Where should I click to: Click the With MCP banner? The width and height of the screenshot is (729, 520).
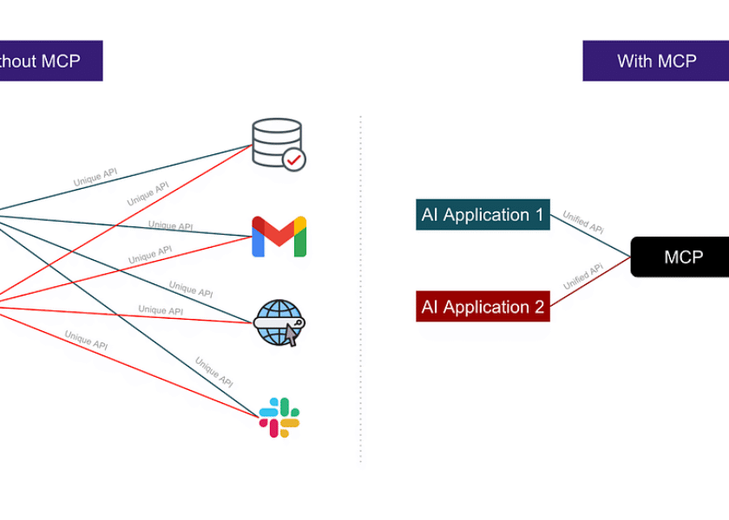pyautogui.click(x=656, y=61)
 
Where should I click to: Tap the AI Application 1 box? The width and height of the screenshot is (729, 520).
pyautogui.click(x=483, y=215)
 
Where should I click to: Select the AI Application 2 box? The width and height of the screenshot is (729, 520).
pyautogui.click(x=483, y=307)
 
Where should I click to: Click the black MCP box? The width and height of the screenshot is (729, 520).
pyautogui.click(x=682, y=257)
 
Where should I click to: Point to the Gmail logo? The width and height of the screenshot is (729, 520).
pyautogui.click(x=279, y=237)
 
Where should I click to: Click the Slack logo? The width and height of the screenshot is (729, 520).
pyautogui.click(x=279, y=417)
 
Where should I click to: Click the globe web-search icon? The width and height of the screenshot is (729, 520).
pyautogui.click(x=279, y=323)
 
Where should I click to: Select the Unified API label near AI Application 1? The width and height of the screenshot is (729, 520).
pyautogui.click(x=583, y=223)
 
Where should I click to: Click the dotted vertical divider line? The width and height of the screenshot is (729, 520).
pyautogui.click(x=361, y=286)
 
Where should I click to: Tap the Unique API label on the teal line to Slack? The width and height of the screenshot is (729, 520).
pyautogui.click(x=213, y=371)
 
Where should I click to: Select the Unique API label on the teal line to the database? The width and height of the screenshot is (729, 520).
pyautogui.click(x=95, y=178)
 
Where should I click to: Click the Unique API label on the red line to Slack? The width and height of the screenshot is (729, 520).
pyautogui.click(x=86, y=339)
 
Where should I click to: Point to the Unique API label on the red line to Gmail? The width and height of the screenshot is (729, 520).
pyautogui.click(x=149, y=255)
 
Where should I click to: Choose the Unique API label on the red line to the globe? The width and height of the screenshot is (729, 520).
pyautogui.click(x=161, y=310)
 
